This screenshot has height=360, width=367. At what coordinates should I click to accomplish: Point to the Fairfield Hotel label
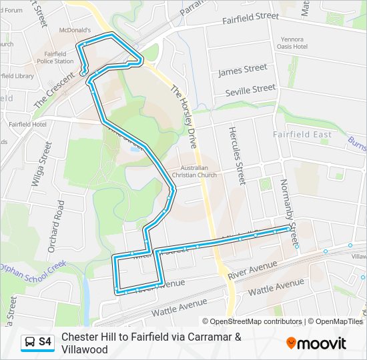27,124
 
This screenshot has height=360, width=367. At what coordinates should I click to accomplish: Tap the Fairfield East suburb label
302,135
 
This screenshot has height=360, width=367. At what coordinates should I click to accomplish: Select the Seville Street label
250,89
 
